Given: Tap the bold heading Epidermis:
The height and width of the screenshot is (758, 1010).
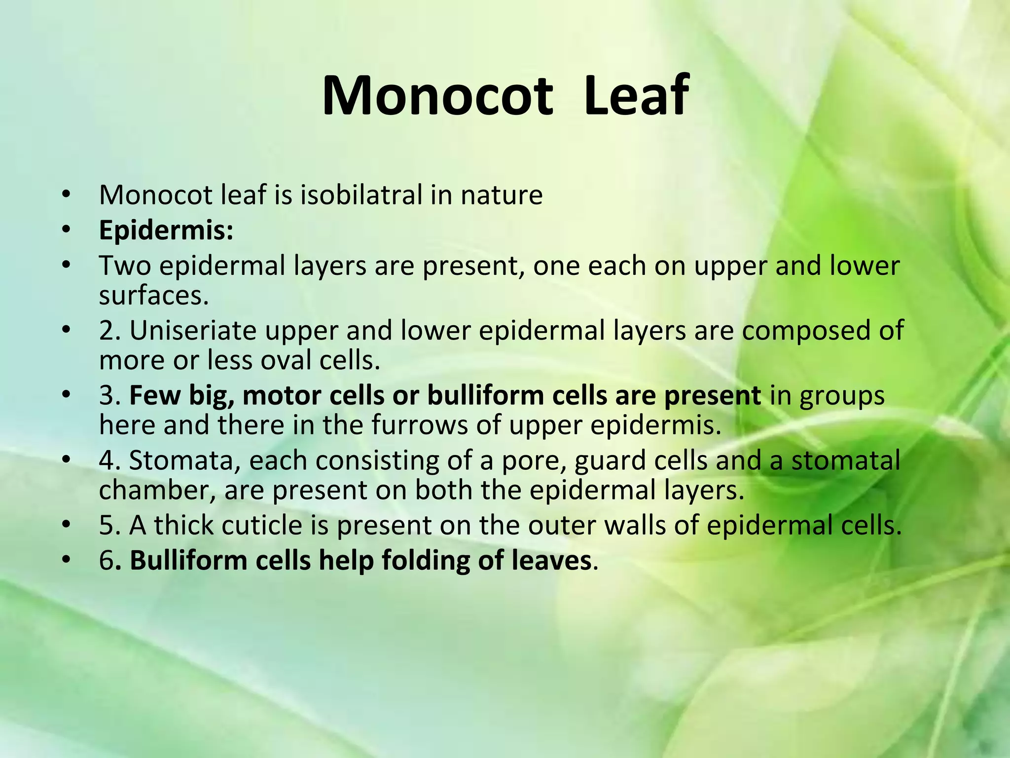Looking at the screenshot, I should [x=166, y=230].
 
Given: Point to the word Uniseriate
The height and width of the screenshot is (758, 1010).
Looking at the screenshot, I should [x=193, y=330].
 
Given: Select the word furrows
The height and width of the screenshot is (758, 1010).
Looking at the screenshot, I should [x=419, y=425].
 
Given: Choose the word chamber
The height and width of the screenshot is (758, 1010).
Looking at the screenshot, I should [x=157, y=490].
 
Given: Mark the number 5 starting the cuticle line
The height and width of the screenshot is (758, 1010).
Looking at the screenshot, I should [x=107, y=525].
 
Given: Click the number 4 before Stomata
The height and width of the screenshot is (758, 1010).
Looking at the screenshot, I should [x=107, y=460].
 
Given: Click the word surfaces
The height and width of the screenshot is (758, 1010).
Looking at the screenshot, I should [x=154, y=296].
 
